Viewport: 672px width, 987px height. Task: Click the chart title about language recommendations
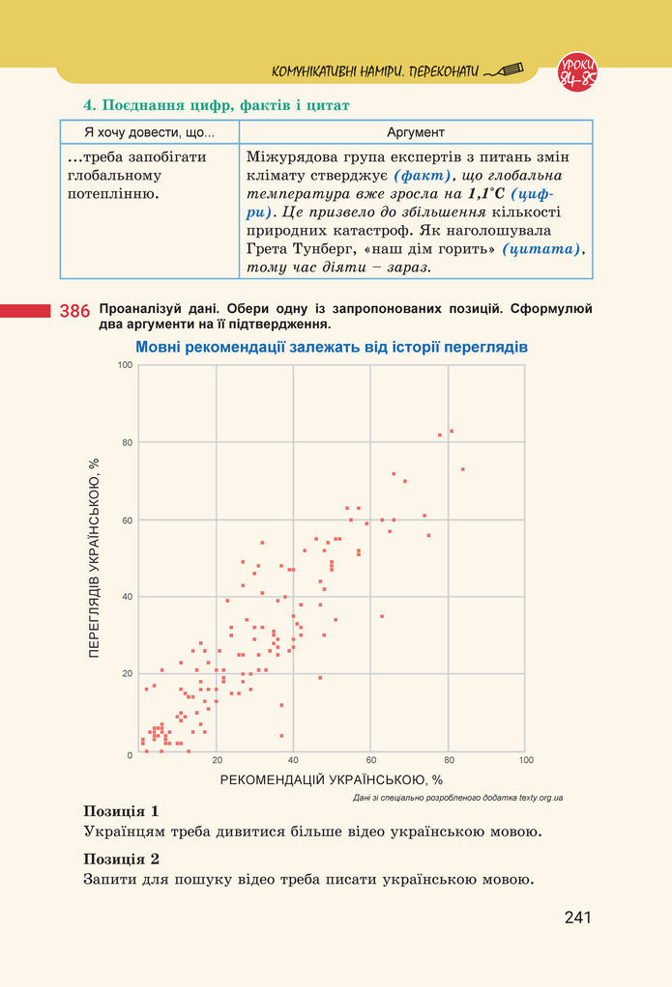[x=332, y=346]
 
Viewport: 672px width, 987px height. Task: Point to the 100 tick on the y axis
[x=125, y=365]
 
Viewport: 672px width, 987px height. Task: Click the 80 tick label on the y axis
[x=126, y=442]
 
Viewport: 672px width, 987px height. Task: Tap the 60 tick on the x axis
[x=371, y=760]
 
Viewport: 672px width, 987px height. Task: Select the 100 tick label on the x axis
[x=525, y=760]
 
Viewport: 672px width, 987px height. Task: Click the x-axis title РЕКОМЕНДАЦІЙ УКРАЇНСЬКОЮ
[x=332, y=779]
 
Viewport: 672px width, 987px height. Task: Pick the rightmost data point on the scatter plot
[x=462, y=469]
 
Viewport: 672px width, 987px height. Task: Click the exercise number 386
[x=74, y=311]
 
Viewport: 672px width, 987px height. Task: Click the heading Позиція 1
[x=121, y=810]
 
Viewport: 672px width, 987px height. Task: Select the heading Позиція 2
[x=121, y=859]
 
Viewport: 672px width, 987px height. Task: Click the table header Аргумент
[x=415, y=131]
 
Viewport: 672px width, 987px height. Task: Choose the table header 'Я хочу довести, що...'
[x=149, y=131]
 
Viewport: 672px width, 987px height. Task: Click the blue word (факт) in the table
[x=423, y=176]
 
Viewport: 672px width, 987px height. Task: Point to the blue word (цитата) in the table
[x=549, y=249]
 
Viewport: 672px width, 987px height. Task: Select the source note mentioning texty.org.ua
[x=458, y=798]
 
